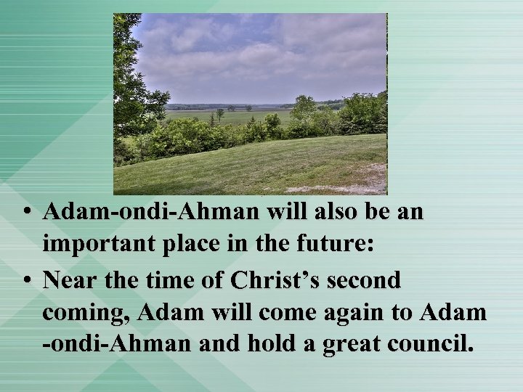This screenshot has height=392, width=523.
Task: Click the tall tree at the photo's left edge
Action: pyautogui.click(x=131, y=80)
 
